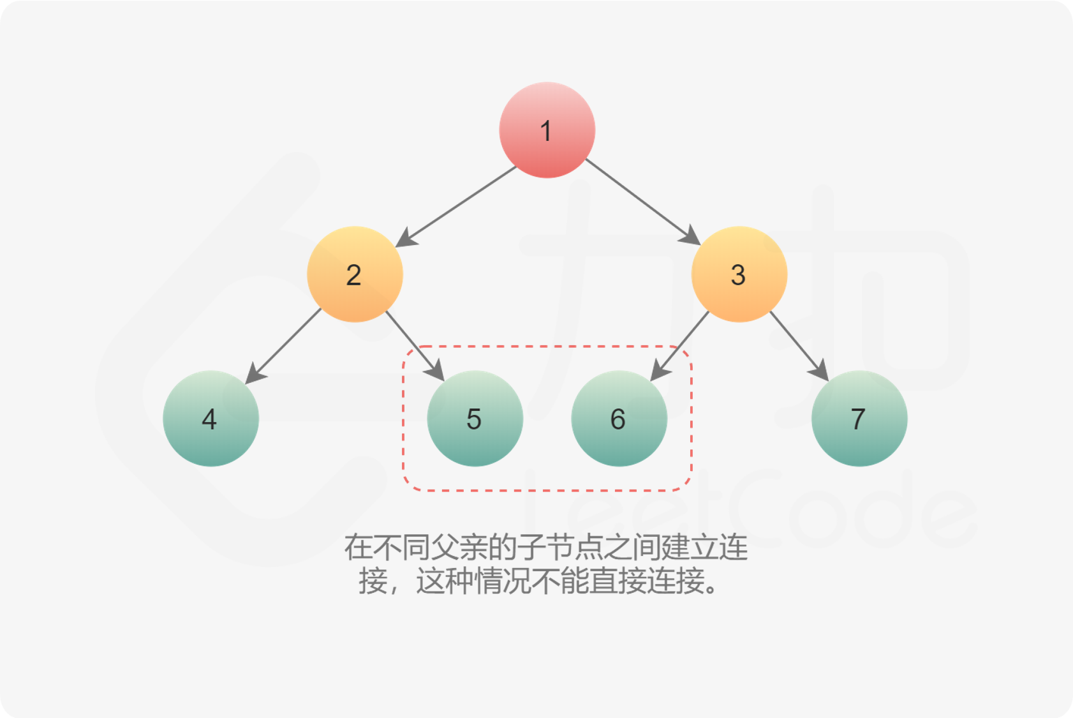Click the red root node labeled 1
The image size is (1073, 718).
tap(547, 130)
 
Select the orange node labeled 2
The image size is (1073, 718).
tap(355, 274)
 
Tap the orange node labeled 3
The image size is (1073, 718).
tap(739, 274)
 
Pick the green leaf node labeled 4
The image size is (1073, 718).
tap(211, 419)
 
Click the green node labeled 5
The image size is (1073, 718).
tap(475, 419)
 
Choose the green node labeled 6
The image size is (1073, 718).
tap(619, 419)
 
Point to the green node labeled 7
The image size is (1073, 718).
tap(859, 419)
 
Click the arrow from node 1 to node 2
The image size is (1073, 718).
tap(457, 206)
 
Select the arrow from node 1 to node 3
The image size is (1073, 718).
tap(642, 201)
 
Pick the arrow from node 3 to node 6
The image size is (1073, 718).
tap(680, 345)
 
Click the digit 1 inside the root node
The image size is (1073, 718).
tap(545, 131)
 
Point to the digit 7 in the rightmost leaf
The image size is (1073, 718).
tap(858, 419)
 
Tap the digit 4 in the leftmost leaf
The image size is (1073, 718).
tap(209, 419)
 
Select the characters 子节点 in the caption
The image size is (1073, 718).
tap(559, 547)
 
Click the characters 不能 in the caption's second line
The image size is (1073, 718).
tap(560, 581)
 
